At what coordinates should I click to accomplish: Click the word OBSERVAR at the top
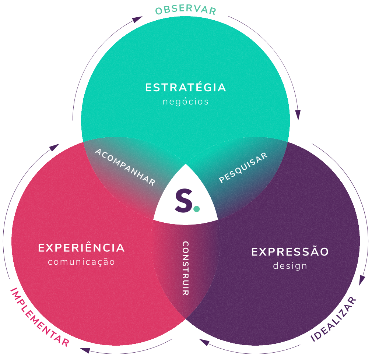click(x=186, y=10)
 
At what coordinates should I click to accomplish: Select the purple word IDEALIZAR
click(x=333, y=319)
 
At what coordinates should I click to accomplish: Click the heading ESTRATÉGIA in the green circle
click(x=186, y=87)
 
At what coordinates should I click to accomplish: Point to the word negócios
click(x=186, y=102)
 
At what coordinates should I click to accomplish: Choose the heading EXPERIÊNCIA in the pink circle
click(x=81, y=248)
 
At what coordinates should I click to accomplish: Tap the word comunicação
click(x=81, y=262)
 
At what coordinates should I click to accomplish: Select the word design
click(x=290, y=266)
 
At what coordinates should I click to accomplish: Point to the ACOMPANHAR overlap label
click(x=125, y=167)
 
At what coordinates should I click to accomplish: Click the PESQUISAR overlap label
click(x=243, y=167)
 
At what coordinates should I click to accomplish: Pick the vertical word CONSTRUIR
click(x=186, y=268)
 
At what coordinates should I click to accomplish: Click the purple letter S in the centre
click(x=184, y=200)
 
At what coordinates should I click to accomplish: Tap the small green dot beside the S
click(x=196, y=209)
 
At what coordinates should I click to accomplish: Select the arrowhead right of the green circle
click(x=298, y=115)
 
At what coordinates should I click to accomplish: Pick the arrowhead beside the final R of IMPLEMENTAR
click(x=85, y=350)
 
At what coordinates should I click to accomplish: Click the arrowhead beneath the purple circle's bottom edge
click(x=204, y=342)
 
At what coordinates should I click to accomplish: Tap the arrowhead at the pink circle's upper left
click(x=55, y=147)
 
